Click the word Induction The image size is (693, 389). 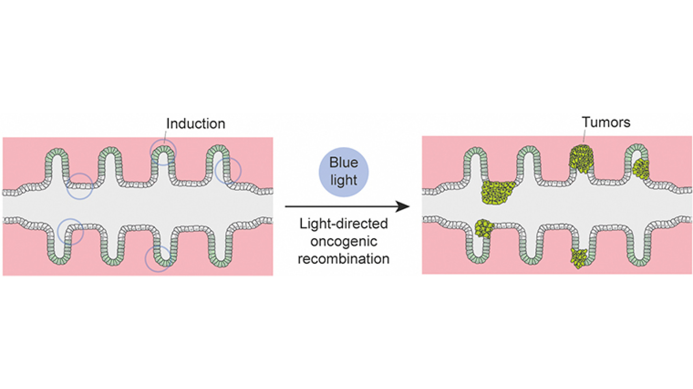point(196,124)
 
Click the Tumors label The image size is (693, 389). point(606,122)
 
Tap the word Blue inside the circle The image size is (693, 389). point(343,162)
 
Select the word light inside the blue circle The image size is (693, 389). point(343,180)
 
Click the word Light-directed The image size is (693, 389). point(343,224)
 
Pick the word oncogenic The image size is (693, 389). point(343,242)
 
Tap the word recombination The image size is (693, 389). point(343,259)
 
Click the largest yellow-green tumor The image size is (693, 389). point(497,192)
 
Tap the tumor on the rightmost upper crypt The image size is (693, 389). point(641,169)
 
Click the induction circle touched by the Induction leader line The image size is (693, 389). point(163,152)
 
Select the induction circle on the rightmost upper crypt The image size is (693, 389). point(228,171)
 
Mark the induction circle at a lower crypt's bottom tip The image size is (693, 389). point(158,259)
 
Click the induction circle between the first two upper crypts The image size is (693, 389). point(80,186)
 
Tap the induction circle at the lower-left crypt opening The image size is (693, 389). point(71,232)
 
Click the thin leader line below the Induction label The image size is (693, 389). point(166,136)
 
